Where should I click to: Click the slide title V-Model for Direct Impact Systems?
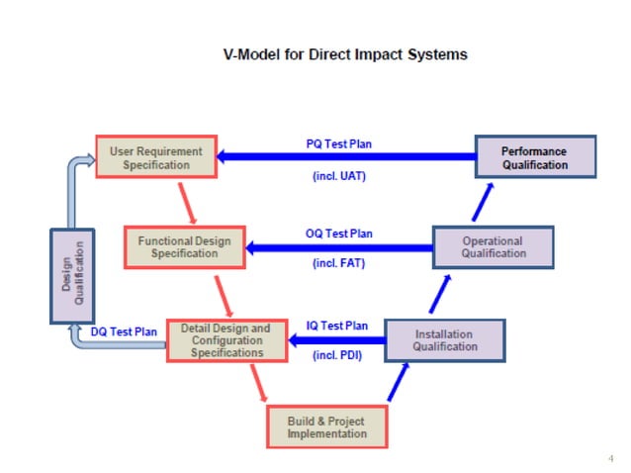pos(344,54)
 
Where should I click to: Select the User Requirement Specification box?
pos(156,158)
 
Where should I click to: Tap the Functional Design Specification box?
pos(185,246)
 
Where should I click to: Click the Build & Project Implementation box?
pos(326,426)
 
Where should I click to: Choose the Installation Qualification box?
pos(444,340)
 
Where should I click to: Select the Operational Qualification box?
pos(494,246)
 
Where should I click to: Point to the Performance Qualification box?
pos(535,158)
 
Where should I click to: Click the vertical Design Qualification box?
pos(67,276)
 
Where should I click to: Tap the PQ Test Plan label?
pos(339,143)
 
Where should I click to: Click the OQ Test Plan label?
pos(339,234)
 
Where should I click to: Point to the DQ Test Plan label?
pos(124,332)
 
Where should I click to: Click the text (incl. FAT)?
pos(340,265)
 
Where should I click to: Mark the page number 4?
pos(610,457)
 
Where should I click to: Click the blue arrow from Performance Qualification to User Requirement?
pos(346,156)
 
